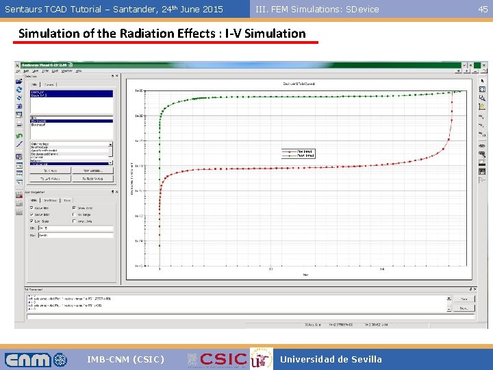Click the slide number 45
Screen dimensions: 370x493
pyautogui.click(x=483, y=9)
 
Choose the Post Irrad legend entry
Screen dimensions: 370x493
pyautogui.click(x=305, y=156)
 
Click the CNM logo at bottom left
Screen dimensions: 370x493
pyautogui.click(x=36, y=359)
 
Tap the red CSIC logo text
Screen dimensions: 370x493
pyautogui.click(x=223, y=359)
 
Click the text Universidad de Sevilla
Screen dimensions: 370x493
pyautogui.click(x=331, y=359)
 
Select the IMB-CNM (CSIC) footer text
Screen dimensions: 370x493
pyautogui.click(x=125, y=359)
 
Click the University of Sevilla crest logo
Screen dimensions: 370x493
pyautogui.click(x=261, y=359)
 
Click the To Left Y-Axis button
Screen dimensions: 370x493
pyautogui.click(x=50, y=178)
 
